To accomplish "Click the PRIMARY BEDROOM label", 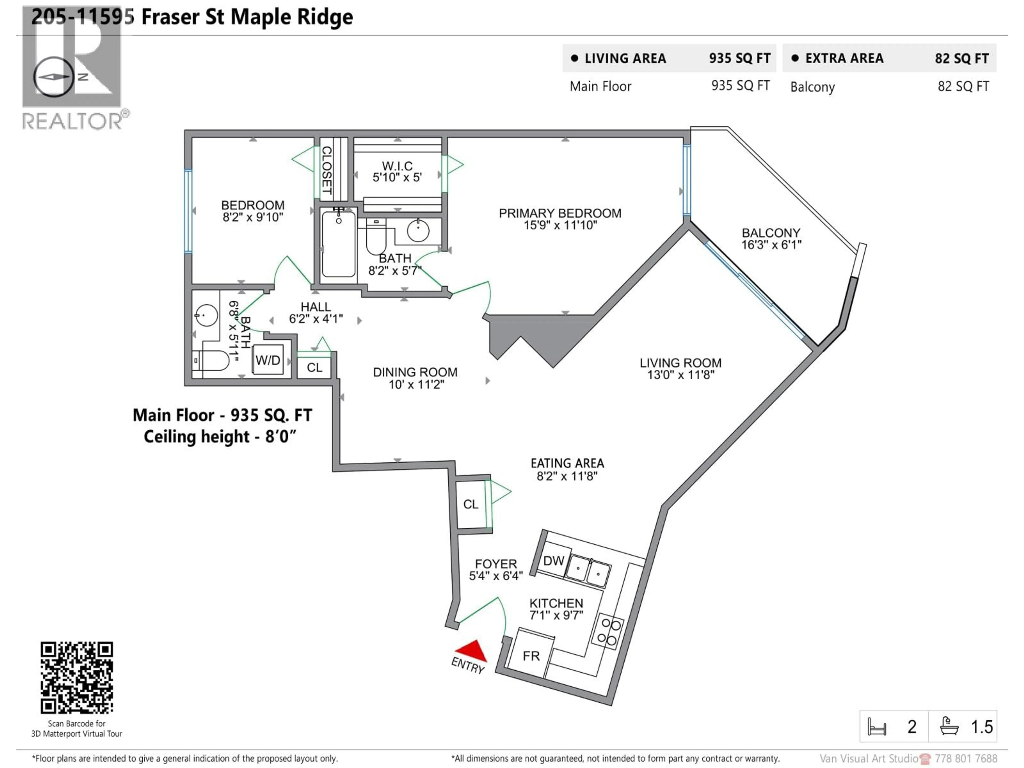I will (x=560, y=213).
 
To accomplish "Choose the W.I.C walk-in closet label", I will (x=397, y=166).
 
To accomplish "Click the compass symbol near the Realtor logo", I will (x=54, y=77).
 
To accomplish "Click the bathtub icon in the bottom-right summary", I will (x=949, y=726).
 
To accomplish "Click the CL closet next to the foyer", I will (x=470, y=504).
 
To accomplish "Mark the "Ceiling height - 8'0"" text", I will (x=220, y=437).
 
